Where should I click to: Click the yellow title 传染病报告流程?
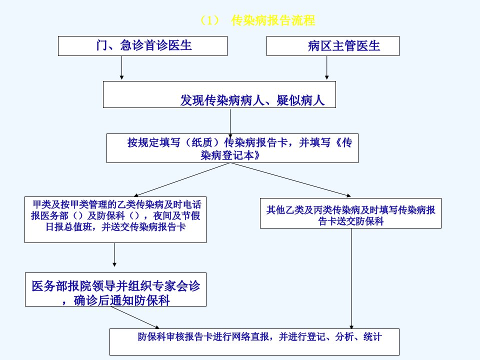pos(273,20)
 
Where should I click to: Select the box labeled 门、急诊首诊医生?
pos(142,46)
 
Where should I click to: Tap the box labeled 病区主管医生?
pos(333,46)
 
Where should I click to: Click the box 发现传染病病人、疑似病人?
pos(219,94)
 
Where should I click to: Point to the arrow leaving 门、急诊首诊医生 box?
pos(121,68)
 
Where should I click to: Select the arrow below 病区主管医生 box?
pos(326,68)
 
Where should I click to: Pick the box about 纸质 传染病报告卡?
pos(232,148)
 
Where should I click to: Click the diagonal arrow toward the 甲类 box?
pos(182,179)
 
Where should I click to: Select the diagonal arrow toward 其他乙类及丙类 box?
pos(290,179)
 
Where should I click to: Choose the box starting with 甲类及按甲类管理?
pos(115,220)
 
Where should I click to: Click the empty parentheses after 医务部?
pos(78,216)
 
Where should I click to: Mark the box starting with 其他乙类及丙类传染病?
pos(350,213)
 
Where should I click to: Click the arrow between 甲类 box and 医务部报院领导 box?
pos(114,254)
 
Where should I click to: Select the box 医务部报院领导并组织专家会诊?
pos(115,289)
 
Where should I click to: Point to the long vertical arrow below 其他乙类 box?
pos(351,278)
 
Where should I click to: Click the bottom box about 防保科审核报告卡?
pos(254,342)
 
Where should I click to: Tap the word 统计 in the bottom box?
pos(372,337)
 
